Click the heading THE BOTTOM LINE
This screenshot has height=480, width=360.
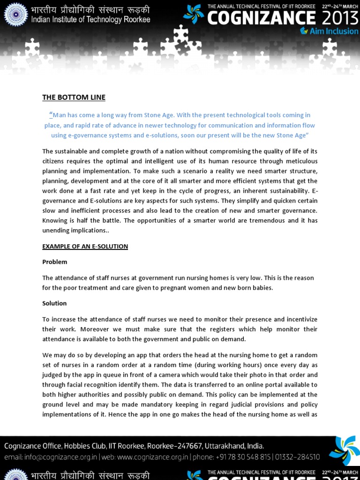click(x=74, y=97)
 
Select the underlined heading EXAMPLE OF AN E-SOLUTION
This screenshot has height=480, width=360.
click(x=85, y=247)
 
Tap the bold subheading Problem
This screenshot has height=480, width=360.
click(x=55, y=262)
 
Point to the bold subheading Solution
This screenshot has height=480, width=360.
click(x=54, y=304)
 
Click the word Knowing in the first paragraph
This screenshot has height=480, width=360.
click(x=55, y=221)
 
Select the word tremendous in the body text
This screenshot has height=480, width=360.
click(x=262, y=221)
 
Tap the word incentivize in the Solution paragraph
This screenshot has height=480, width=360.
click(x=300, y=320)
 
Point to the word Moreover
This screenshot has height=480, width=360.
click(x=75, y=330)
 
